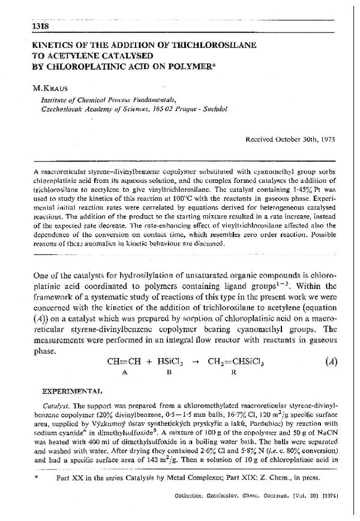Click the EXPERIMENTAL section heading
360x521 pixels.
pyautogui.click(x=74, y=390)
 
